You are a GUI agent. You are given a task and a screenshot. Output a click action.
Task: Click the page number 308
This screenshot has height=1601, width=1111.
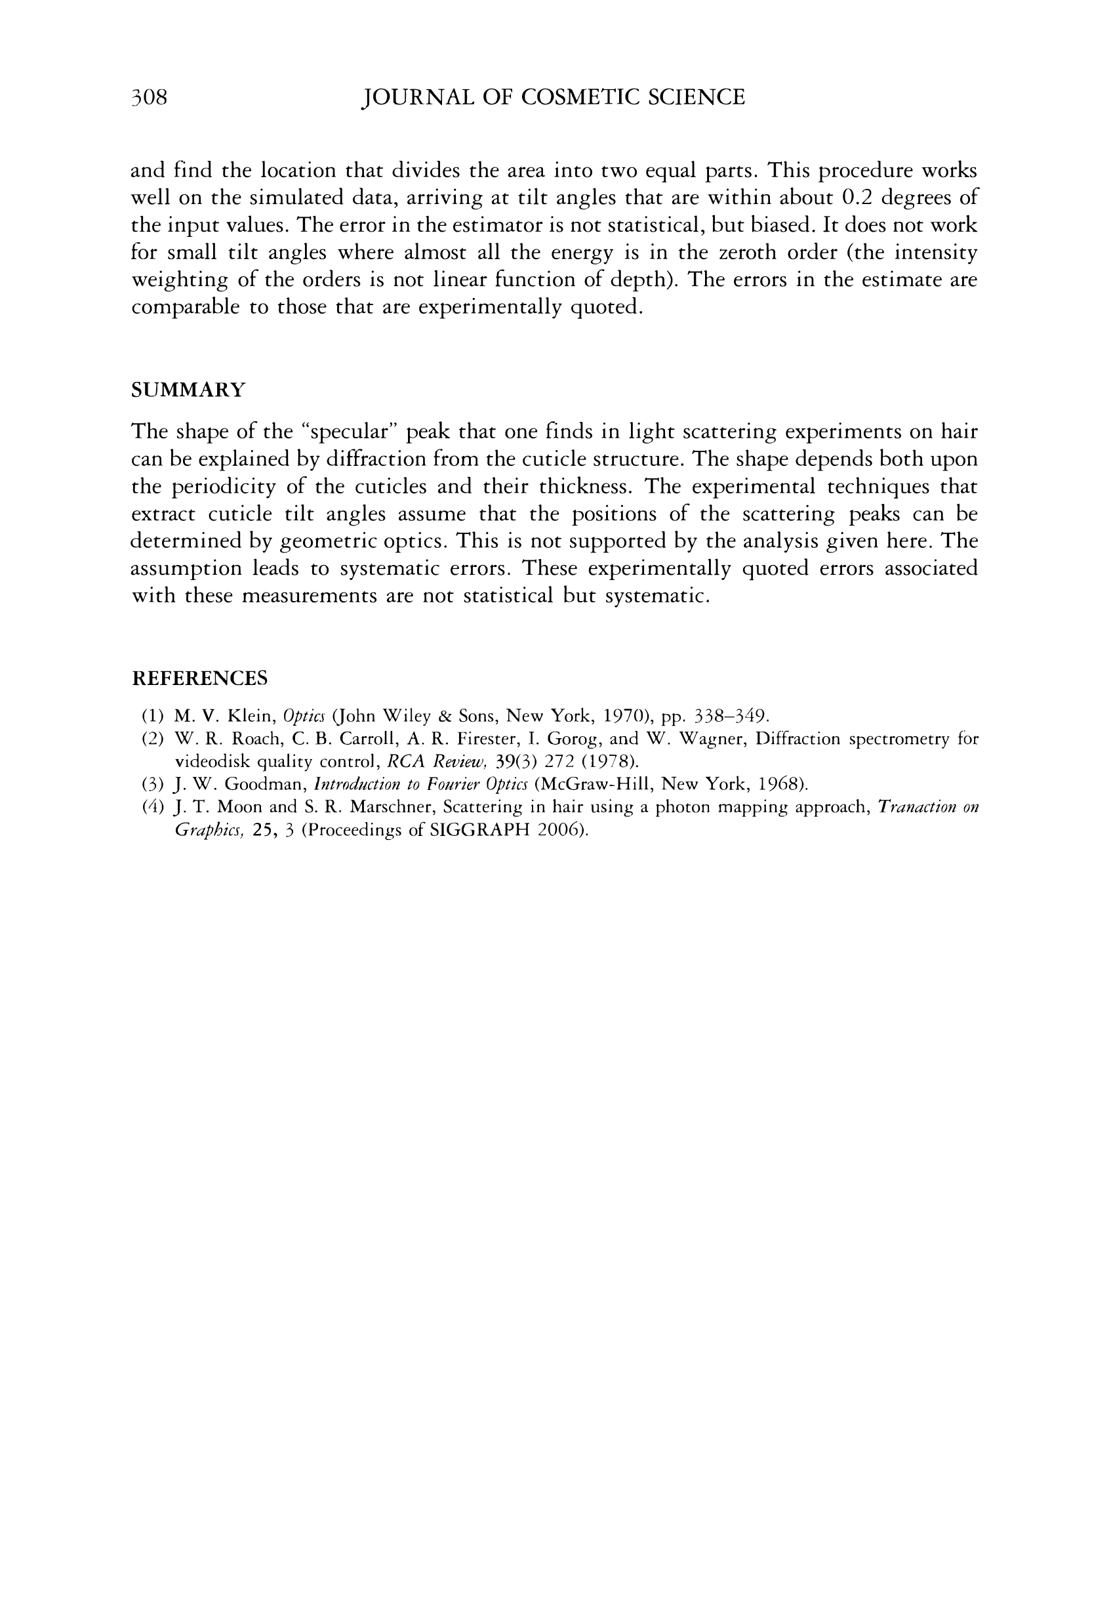point(149,97)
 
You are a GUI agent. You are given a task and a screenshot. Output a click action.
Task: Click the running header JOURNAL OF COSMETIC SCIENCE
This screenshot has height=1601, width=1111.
point(554,97)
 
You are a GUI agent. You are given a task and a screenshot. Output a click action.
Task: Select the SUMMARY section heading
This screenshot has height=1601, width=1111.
point(188,390)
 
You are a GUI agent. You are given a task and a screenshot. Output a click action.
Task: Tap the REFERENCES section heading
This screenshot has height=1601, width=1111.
point(200,678)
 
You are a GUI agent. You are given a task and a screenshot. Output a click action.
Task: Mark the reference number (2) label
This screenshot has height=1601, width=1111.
point(152,739)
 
